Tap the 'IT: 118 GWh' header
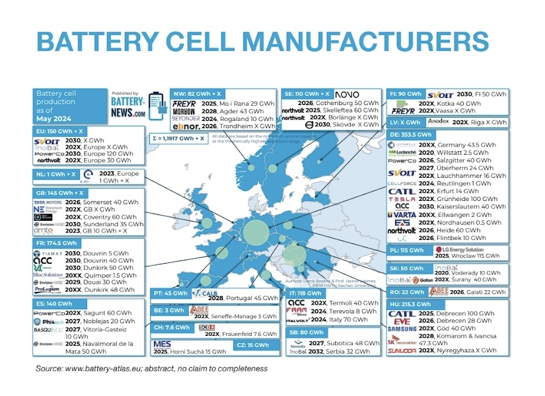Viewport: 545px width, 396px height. click(x=306, y=293)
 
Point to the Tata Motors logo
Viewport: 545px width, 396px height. click(x=48, y=202)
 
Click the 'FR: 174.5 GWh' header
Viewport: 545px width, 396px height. click(x=57, y=243)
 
